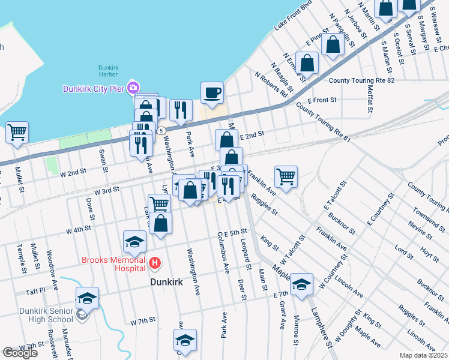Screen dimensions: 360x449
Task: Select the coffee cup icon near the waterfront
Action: [x=212, y=93]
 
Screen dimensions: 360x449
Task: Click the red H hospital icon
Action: [x=155, y=262]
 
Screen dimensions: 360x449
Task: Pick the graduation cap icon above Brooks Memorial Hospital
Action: [x=135, y=242]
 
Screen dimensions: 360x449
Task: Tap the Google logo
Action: [x=20, y=352]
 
